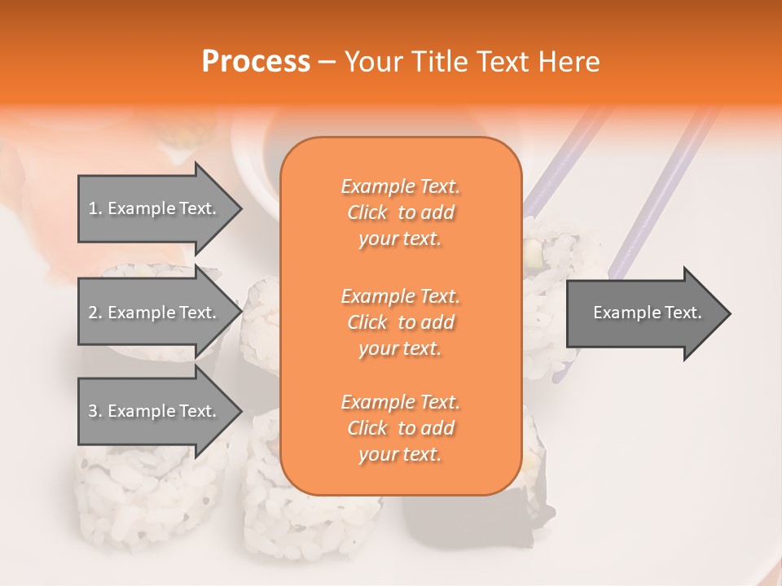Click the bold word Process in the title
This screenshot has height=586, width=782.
pyautogui.click(x=256, y=62)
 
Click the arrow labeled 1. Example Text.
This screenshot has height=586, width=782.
pyautogui.click(x=155, y=208)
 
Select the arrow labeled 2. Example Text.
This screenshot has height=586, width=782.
pyautogui.click(x=155, y=313)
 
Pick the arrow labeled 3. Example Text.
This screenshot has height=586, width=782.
pyautogui.click(x=155, y=411)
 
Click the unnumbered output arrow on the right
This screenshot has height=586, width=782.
pyautogui.click(x=644, y=313)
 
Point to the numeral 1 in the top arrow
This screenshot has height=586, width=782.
pyautogui.click(x=93, y=208)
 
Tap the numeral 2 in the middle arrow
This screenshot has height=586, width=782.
pyautogui.click(x=93, y=313)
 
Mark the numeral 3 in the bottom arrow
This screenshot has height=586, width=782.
pyautogui.click(x=93, y=411)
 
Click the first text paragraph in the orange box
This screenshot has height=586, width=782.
pyautogui.click(x=400, y=212)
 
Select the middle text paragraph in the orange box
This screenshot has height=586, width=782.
pyautogui.click(x=400, y=322)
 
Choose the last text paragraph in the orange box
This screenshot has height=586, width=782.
pyautogui.click(x=400, y=428)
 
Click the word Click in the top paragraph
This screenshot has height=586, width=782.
pyautogui.click(x=367, y=213)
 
